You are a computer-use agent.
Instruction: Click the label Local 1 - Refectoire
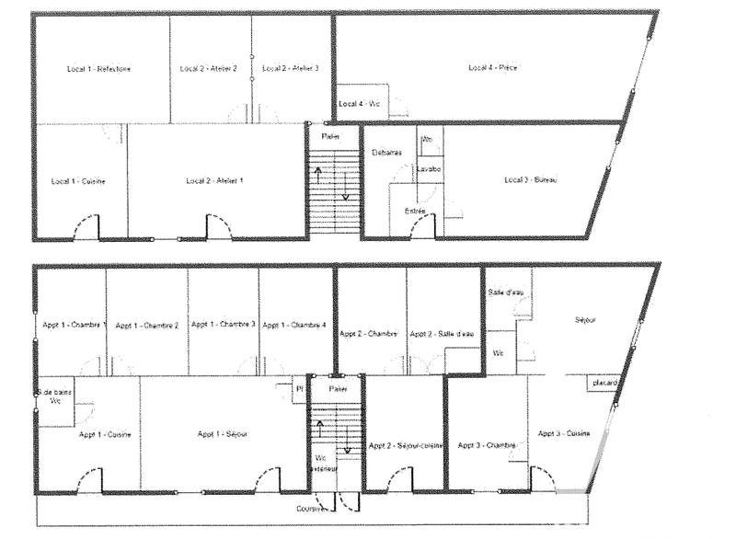[x=99, y=69]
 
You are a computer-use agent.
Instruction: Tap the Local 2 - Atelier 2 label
[x=209, y=69]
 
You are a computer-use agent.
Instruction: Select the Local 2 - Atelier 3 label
[x=290, y=69]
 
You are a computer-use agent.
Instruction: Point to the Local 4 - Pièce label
[x=493, y=68]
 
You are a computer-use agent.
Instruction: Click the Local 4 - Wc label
[x=361, y=105]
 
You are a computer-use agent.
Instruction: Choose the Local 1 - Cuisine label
[x=80, y=181]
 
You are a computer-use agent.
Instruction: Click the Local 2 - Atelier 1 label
[x=215, y=181]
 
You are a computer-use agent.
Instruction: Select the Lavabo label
[x=429, y=169]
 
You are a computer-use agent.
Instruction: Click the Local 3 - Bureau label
[x=532, y=179]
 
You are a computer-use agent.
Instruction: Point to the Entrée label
[x=416, y=212]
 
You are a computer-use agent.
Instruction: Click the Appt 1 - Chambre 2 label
[x=148, y=326]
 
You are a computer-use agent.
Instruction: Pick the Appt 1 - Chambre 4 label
[x=294, y=326]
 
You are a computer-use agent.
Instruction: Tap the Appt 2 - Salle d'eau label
[x=443, y=334]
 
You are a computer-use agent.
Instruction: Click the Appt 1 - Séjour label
[x=222, y=434]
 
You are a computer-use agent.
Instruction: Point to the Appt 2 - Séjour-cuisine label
[x=407, y=446]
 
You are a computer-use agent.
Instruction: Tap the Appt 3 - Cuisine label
[x=565, y=433]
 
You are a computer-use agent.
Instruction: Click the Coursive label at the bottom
[x=311, y=509]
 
